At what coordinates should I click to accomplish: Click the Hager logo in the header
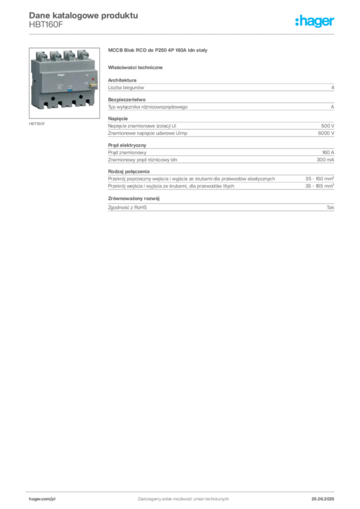(314, 21)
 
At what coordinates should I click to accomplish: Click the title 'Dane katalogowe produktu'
(84, 15)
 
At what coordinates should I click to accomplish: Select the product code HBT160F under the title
(46, 25)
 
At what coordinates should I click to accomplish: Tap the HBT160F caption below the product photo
(37, 124)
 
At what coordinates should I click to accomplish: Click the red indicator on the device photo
(92, 79)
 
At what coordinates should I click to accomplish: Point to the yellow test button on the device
(93, 85)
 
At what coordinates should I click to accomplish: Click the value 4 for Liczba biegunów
(333, 87)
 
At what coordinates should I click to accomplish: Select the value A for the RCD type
(333, 107)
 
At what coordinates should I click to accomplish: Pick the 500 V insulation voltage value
(328, 126)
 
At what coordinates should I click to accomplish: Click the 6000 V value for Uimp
(326, 133)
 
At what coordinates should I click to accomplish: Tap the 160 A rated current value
(328, 153)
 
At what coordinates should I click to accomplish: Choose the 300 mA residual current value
(325, 160)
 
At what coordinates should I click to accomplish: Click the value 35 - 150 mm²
(319, 178)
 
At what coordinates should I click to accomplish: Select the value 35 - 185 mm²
(319, 186)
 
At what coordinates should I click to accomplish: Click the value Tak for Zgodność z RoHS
(330, 207)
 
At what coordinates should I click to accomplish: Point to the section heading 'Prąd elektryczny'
(127, 145)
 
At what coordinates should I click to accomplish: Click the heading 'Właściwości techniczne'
(135, 68)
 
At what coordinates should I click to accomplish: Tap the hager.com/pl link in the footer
(42, 499)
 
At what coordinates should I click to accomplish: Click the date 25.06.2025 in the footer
(323, 499)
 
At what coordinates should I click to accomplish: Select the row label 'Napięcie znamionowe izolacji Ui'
(142, 126)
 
